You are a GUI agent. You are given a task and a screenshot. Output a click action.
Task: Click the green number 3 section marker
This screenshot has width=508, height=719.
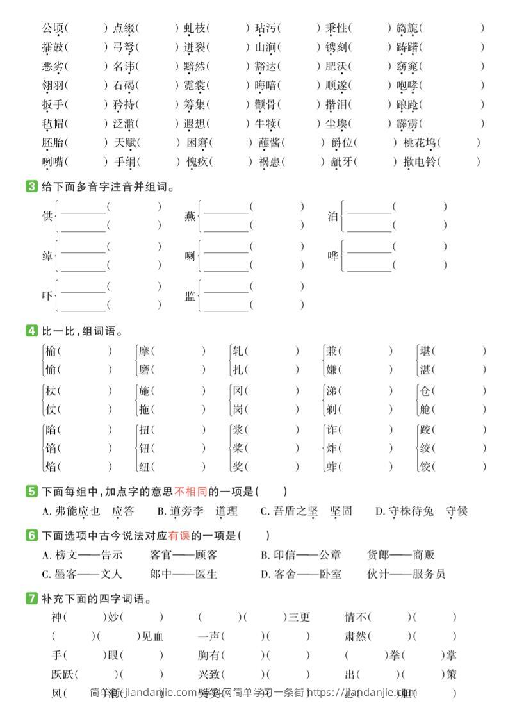click(x=31, y=187)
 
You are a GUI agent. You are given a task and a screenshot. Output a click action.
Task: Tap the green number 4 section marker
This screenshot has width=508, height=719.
click(x=31, y=331)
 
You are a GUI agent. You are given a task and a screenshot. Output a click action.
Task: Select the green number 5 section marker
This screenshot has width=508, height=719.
click(x=31, y=492)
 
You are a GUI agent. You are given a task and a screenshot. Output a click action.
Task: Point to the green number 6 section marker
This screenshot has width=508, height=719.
click(x=31, y=535)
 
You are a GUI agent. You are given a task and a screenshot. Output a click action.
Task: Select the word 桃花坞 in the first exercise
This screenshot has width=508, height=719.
click(x=419, y=143)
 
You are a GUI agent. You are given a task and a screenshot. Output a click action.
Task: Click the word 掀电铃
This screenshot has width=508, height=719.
click(x=419, y=162)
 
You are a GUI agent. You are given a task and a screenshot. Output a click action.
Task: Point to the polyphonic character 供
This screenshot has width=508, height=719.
click(x=47, y=217)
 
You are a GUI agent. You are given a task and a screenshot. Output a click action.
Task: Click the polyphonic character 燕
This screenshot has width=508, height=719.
click(x=190, y=217)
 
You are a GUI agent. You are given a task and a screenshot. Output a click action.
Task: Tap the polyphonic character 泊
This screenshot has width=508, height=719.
click(x=332, y=217)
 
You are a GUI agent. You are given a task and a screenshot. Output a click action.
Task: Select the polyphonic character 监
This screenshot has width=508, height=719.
click(x=190, y=296)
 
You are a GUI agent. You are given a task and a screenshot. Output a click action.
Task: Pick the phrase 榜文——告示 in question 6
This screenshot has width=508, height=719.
click(x=82, y=555)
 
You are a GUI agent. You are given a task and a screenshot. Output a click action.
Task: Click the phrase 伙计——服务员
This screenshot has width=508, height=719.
click(x=406, y=574)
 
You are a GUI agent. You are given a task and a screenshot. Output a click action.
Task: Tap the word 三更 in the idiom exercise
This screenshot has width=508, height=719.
click(x=299, y=618)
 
